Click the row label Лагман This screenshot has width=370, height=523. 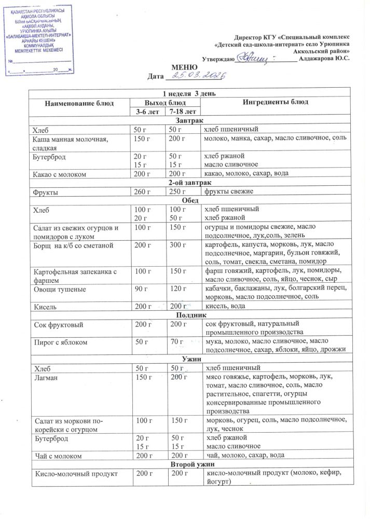pos(45,377)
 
